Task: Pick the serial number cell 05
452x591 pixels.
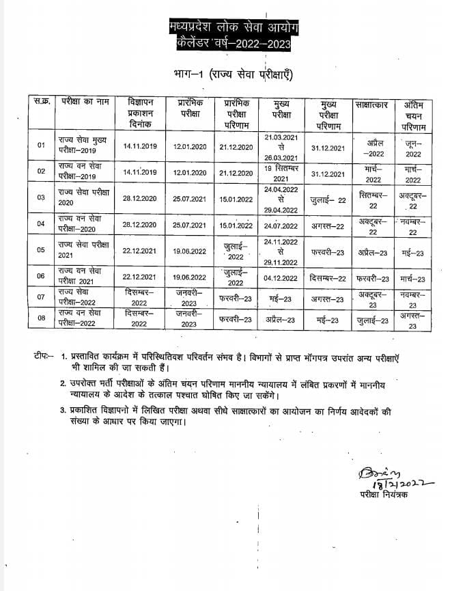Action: (x=41, y=250)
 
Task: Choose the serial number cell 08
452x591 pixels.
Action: (x=41, y=318)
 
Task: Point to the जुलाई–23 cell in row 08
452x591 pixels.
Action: (x=372, y=320)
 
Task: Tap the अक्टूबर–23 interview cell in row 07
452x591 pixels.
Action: (x=372, y=299)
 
